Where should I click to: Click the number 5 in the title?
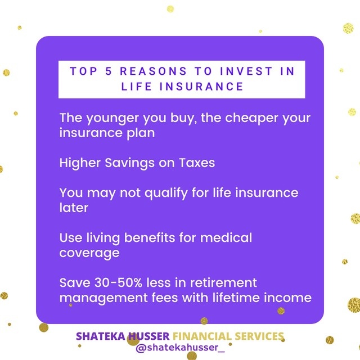(x=109, y=71)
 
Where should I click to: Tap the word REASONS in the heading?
(x=154, y=71)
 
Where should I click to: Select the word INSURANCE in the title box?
(x=201, y=87)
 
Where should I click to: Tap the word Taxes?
(x=197, y=163)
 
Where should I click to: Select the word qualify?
(x=166, y=193)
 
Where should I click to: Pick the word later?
(x=74, y=208)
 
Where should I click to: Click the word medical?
(x=226, y=237)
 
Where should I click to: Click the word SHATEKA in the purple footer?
(x=101, y=336)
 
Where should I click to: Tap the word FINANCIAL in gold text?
(x=202, y=336)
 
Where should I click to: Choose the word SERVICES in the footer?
(x=259, y=336)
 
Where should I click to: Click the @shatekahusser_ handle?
(x=180, y=348)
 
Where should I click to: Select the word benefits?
(x=150, y=237)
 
